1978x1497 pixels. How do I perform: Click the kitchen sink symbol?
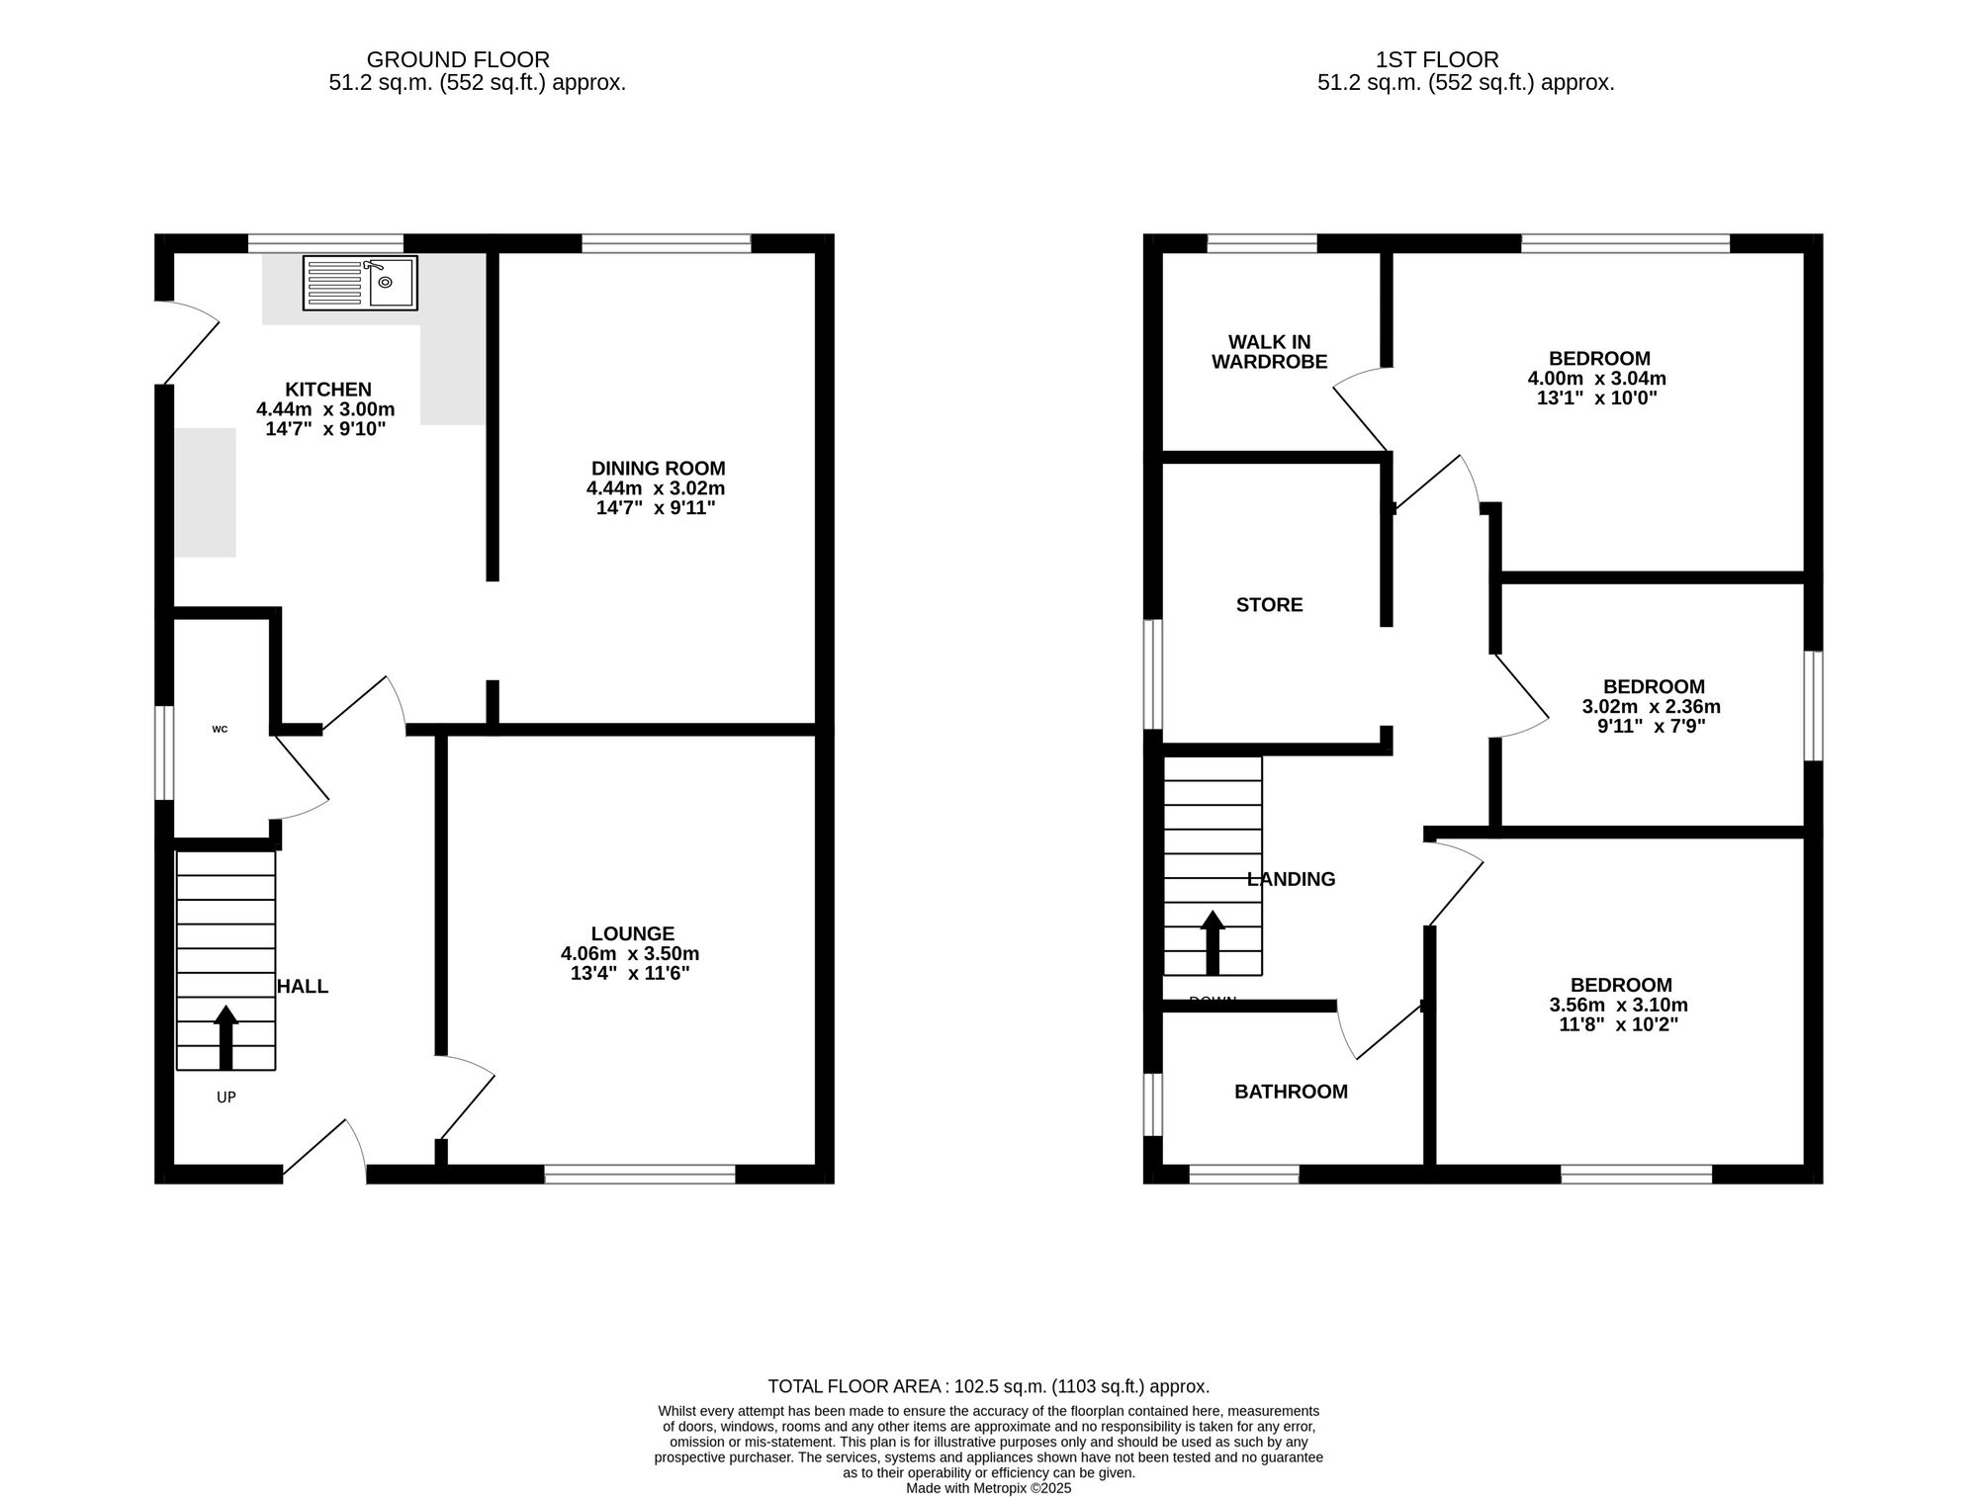pos(360,283)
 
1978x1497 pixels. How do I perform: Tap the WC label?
pos(220,730)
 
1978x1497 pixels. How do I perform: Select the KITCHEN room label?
pos(328,390)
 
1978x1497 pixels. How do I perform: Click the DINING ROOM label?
pos(658,469)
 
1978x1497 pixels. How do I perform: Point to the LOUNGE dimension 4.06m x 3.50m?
pos(630,954)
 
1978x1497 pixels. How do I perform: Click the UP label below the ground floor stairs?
pos(225,1097)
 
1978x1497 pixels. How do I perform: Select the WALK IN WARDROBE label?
pos(1269,353)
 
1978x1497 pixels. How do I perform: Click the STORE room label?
pos(1269,605)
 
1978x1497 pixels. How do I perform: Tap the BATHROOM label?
pos(1291,1092)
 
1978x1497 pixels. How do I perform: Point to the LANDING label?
pos(1291,879)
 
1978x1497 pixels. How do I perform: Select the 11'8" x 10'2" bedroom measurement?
pos(1619,1024)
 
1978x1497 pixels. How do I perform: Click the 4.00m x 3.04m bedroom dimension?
pos(1597,379)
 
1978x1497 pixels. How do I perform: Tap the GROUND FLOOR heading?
pos(458,59)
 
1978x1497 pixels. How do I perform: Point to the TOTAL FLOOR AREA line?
pos(988,1386)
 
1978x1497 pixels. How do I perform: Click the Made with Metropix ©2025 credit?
pos(988,1487)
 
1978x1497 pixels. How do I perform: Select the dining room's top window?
pos(666,242)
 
